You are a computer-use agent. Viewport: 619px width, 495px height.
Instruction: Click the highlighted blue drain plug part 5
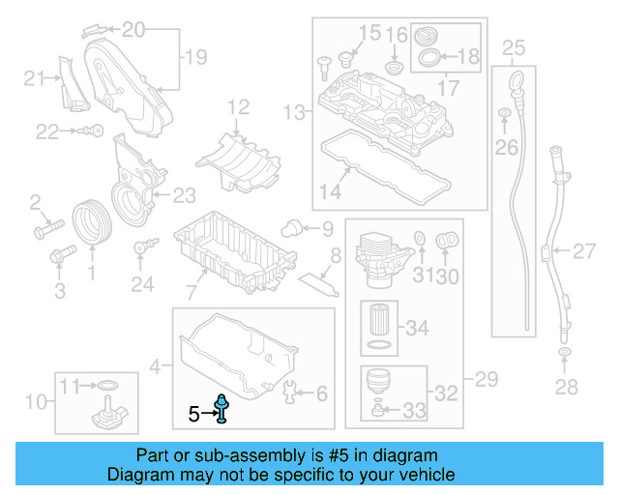click(223, 410)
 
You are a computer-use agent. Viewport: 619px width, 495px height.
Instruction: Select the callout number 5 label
click(194, 415)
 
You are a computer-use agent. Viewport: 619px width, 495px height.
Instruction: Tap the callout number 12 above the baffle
click(238, 106)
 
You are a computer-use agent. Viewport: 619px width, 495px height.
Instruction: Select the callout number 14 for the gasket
click(330, 191)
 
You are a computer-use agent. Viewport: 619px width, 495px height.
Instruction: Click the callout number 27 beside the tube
click(583, 252)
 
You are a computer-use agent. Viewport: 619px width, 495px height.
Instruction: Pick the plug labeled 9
click(287, 227)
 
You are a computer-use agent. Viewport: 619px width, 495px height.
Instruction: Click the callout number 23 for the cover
click(184, 195)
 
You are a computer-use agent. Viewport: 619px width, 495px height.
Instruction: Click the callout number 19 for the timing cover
click(195, 58)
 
